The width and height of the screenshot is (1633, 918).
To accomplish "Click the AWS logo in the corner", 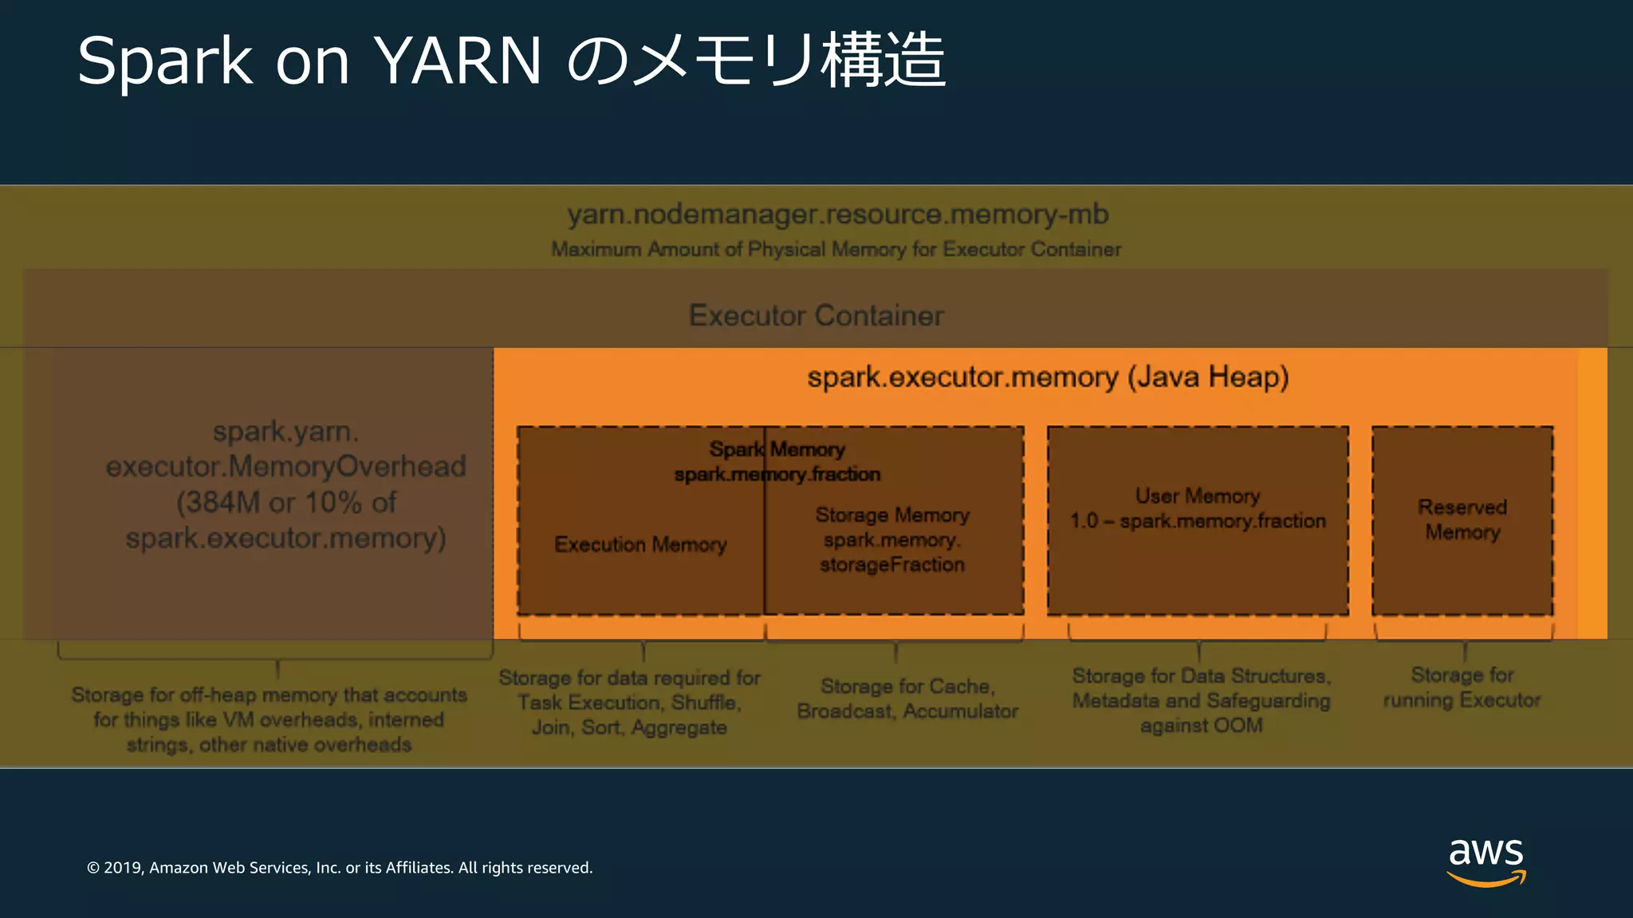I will tap(1485, 861).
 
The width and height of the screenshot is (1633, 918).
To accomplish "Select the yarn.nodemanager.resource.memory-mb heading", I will tap(837, 214).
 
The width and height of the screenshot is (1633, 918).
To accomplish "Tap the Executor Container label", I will tap(816, 316).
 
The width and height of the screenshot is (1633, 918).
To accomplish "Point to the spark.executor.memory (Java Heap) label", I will tap(1048, 377).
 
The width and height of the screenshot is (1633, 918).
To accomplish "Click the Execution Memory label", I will tap(640, 544).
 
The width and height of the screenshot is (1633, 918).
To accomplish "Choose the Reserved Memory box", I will tap(1462, 520).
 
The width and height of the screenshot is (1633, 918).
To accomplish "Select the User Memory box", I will tap(1198, 520).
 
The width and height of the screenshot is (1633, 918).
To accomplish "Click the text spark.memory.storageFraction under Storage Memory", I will tap(892, 552).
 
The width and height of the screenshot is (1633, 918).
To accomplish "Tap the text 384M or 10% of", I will tap(286, 502).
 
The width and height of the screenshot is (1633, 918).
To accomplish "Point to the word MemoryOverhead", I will tap(347, 466).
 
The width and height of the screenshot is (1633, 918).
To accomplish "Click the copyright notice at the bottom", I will tap(340, 868).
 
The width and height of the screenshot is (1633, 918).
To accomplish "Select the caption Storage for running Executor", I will tap(1462, 688).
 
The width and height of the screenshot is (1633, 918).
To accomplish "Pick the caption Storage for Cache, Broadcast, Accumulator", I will tap(907, 699).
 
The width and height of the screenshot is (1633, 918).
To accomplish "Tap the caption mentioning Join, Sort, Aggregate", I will tap(629, 703).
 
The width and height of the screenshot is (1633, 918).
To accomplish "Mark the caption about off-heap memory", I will tap(269, 720).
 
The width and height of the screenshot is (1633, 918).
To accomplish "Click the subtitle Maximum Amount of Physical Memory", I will tap(836, 249).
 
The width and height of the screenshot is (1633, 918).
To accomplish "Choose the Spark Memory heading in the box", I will tap(777, 449).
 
